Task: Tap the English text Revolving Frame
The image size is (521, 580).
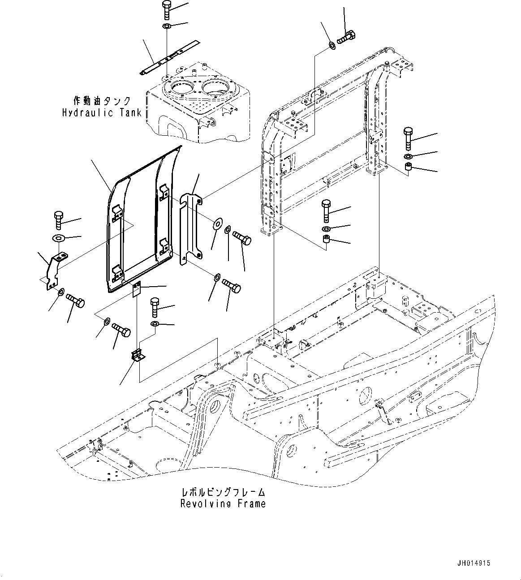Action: [223, 503]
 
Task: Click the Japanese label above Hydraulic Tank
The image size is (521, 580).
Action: [103, 100]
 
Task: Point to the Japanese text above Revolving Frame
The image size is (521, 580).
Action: [223, 492]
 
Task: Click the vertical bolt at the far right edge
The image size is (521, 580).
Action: [408, 139]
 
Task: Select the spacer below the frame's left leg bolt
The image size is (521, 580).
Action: [327, 242]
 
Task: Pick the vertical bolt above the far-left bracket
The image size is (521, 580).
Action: [59, 219]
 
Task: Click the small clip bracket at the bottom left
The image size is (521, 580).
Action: [138, 356]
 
